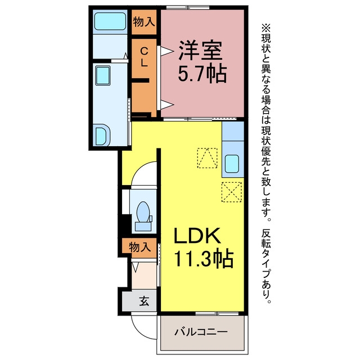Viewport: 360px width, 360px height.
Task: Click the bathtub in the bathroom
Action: click(x=110, y=21)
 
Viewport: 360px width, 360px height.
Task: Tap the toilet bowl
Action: click(x=143, y=211)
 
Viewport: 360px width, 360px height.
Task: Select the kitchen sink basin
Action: click(x=232, y=164)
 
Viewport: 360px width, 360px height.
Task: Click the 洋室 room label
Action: click(x=200, y=51)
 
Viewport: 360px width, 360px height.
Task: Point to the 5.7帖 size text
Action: click(x=202, y=74)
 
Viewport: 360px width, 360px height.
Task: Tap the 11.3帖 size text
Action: click(x=204, y=259)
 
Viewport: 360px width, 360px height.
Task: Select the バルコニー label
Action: click(x=201, y=332)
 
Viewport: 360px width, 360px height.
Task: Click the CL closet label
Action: click(x=144, y=57)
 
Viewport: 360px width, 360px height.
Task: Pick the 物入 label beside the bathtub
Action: click(x=144, y=22)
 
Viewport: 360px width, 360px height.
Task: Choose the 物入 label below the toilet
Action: click(x=140, y=247)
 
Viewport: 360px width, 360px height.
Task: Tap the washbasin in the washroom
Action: click(x=103, y=75)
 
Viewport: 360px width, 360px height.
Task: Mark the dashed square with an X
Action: click(x=231, y=192)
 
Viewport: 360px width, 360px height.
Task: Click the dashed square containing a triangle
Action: click(x=207, y=158)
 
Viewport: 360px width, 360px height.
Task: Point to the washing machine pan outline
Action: click(x=102, y=135)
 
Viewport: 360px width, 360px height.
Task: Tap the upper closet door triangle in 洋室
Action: click(x=166, y=51)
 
